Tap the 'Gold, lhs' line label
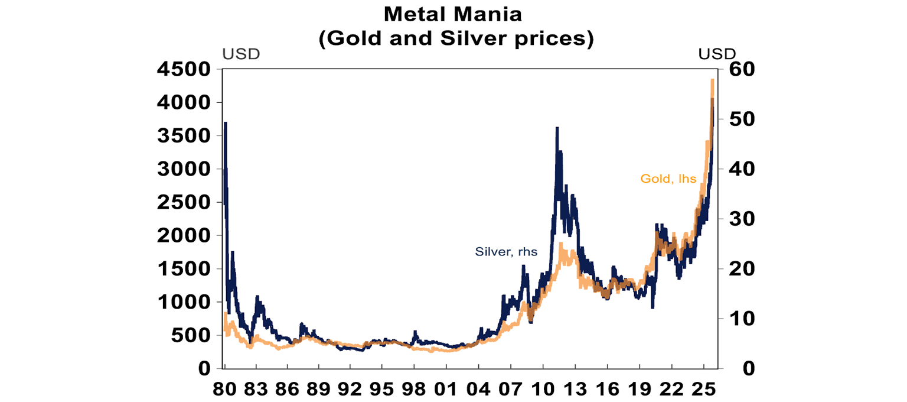(x=668, y=178)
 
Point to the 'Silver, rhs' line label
(x=506, y=251)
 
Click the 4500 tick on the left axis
(x=184, y=70)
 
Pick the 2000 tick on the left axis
(x=184, y=236)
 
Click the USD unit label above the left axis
(x=241, y=54)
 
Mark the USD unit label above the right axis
(x=718, y=54)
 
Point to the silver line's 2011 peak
(x=556, y=128)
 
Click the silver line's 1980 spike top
(x=226, y=123)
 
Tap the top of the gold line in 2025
(x=713, y=79)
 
